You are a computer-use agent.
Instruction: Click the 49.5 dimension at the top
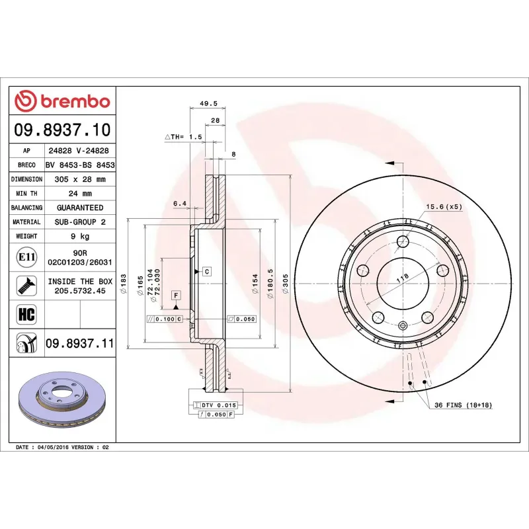click(x=208, y=104)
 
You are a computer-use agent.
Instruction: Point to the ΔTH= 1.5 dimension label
click(x=183, y=137)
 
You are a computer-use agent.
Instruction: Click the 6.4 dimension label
click(x=179, y=204)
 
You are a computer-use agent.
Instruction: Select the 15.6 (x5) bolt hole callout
click(x=444, y=207)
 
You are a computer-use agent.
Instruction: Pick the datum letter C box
click(x=206, y=272)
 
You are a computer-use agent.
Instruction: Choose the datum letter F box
click(x=176, y=295)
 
